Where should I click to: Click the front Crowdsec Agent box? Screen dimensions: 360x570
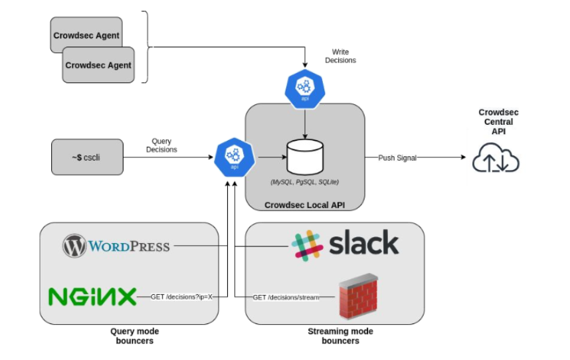(x=98, y=65)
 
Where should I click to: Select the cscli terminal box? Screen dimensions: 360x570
(x=87, y=157)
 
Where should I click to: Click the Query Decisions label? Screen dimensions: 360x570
(x=161, y=145)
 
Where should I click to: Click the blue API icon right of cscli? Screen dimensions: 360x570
(x=233, y=157)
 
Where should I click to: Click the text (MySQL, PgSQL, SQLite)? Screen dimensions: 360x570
(x=304, y=182)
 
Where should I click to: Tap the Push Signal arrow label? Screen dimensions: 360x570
(x=398, y=157)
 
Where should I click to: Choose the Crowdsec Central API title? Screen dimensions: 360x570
(x=496, y=122)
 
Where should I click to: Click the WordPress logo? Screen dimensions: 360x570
(x=116, y=246)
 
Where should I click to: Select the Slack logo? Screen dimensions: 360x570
(x=345, y=244)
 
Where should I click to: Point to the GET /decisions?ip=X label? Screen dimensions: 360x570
(x=181, y=297)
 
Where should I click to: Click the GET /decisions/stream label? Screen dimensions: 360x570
(x=286, y=297)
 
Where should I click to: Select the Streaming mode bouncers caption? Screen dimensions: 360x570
(x=340, y=336)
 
